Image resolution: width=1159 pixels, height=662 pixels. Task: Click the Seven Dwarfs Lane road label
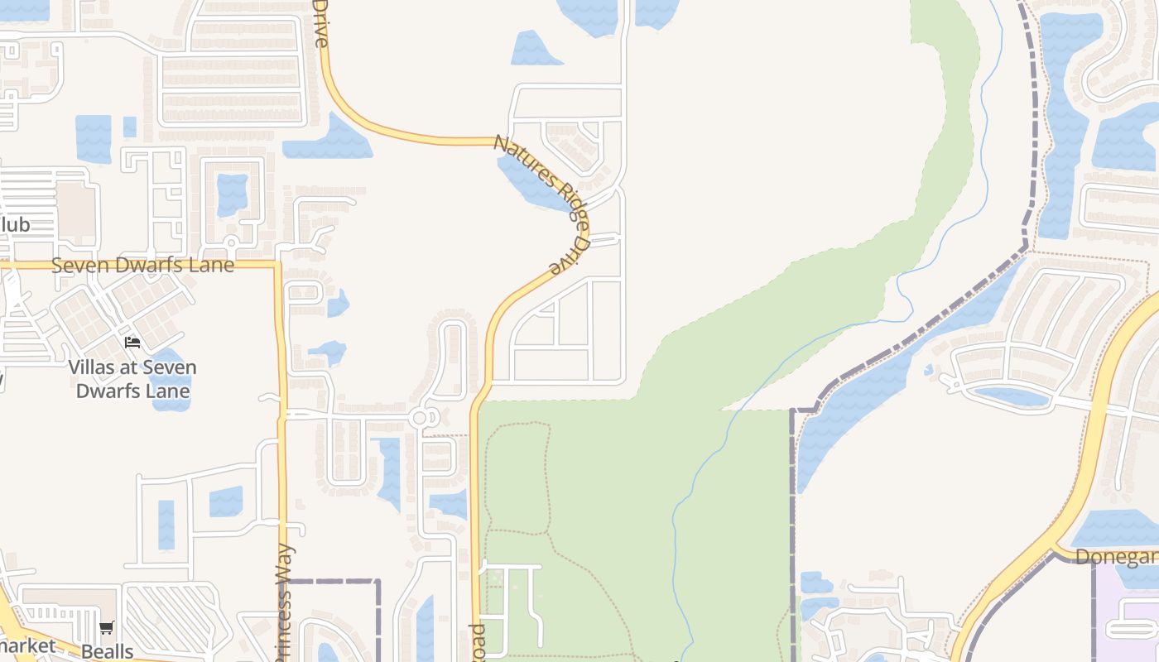pyautogui.click(x=142, y=266)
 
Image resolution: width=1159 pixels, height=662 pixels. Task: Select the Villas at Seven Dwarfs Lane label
pyautogui.click(x=132, y=378)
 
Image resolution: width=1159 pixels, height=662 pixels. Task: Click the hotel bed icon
pyautogui.click(x=132, y=343)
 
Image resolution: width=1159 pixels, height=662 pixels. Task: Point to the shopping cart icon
pyautogui.click(x=107, y=628)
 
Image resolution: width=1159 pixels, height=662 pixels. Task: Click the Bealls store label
pyautogui.click(x=107, y=650)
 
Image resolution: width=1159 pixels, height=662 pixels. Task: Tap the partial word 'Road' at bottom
pyautogui.click(x=477, y=642)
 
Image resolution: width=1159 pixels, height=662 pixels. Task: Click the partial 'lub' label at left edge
pyautogui.click(x=15, y=225)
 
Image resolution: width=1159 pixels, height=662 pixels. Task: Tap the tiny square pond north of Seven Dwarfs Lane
pyautogui.click(x=130, y=127)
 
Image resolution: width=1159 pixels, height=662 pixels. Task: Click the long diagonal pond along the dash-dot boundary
pyautogui.click(x=894, y=372)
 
